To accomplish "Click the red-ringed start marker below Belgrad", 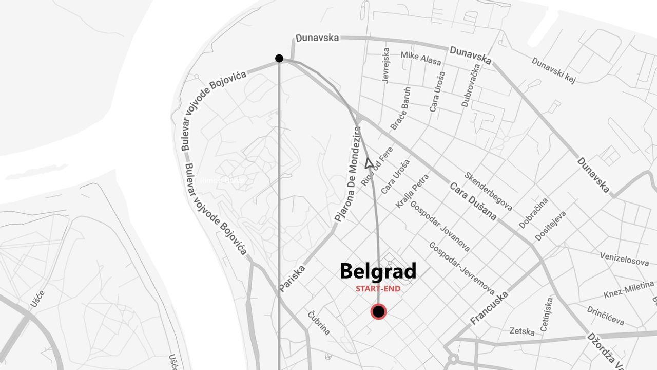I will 379,311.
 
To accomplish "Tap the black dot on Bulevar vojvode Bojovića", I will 279,58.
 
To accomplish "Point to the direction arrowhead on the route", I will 369,163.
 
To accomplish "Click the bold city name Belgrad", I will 378,271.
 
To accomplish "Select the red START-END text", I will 378,289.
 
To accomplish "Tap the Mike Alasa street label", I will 421,58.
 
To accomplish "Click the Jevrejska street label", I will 385,65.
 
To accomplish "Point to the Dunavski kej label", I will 553,70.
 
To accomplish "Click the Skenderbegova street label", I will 488,191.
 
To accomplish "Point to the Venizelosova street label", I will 624,259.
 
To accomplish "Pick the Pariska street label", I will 293,279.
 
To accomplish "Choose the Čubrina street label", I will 319,323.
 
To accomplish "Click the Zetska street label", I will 522,331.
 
